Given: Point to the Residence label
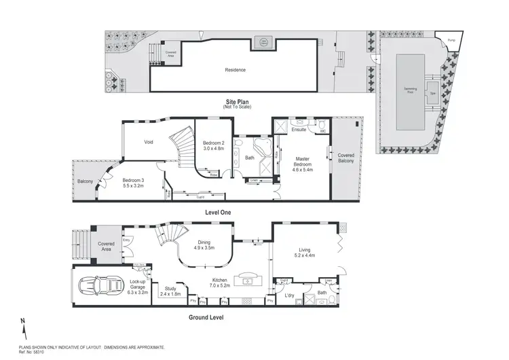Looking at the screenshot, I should pyautogui.click(x=235, y=70).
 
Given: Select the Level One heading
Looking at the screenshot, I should pyautogui.click(x=219, y=213).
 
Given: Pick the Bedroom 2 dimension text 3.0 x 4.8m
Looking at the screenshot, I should pyautogui.click(x=213, y=147).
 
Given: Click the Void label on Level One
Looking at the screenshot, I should pyautogui.click(x=149, y=143).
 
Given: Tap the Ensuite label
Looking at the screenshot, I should pyautogui.click(x=299, y=130).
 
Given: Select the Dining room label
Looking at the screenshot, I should pyautogui.click(x=204, y=242).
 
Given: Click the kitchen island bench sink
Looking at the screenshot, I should pyautogui.click(x=246, y=281).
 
